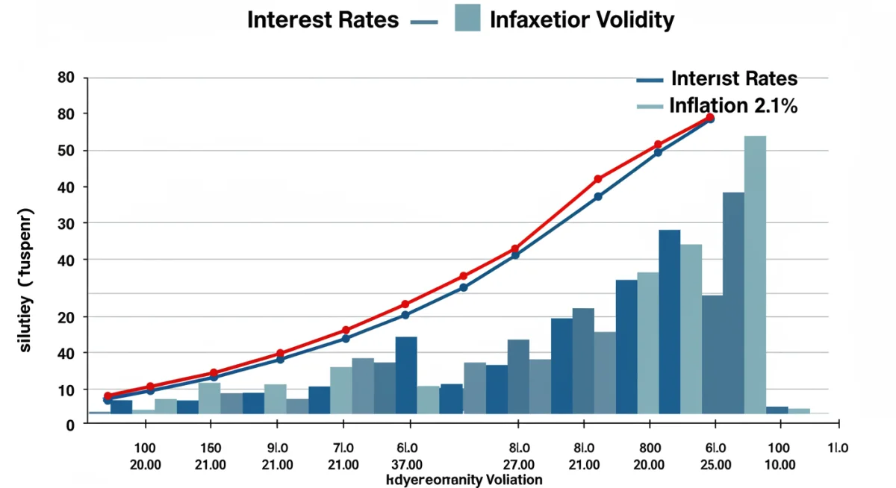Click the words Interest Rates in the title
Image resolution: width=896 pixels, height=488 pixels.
(323, 19)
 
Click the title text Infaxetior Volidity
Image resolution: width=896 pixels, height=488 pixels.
(582, 19)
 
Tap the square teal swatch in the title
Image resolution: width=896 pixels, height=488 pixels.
(467, 17)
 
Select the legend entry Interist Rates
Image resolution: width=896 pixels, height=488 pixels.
(734, 78)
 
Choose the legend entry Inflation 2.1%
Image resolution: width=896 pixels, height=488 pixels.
(733, 106)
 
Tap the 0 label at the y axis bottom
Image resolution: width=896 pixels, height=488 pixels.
(70, 425)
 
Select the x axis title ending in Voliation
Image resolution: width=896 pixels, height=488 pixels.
(464, 479)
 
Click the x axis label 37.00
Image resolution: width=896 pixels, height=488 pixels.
(407, 464)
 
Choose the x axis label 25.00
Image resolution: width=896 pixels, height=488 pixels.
(715, 464)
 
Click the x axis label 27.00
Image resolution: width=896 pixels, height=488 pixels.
(518, 464)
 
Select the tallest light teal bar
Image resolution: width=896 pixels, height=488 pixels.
(755, 274)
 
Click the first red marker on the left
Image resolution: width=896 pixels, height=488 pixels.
(108, 395)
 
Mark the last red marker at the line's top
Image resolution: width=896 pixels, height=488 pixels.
(710, 117)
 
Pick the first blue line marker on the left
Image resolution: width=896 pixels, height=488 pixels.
(108, 401)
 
